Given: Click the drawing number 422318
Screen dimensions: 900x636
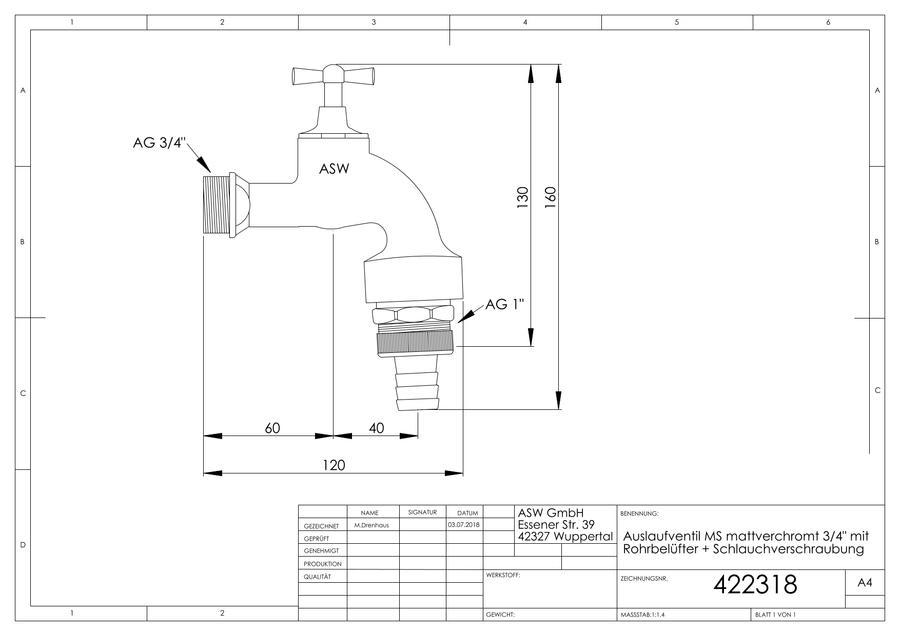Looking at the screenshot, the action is pyautogui.click(x=755, y=584).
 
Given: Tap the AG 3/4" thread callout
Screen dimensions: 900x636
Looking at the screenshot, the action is pyautogui.click(x=160, y=142).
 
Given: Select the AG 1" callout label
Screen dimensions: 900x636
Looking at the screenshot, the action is pyautogui.click(x=505, y=304).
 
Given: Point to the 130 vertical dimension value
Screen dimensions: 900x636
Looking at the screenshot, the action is pyautogui.click(x=522, y=197).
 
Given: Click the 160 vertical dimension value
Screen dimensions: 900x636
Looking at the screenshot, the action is pyautogui.click(x=550, y=197).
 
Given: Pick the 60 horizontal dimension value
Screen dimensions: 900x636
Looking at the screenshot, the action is pyautogui.click(x=272, y=428).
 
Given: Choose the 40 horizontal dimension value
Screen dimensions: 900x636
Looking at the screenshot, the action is pyautogui.click(x=377, y=428).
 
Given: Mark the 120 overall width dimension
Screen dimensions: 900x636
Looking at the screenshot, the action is pyautogui.click(x=333, y=465).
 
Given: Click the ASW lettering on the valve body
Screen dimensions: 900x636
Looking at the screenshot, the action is pyautogui.click(x=334, y=169).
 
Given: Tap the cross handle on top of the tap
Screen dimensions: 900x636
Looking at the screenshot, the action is pyautogui.click(x=333, y=75).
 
